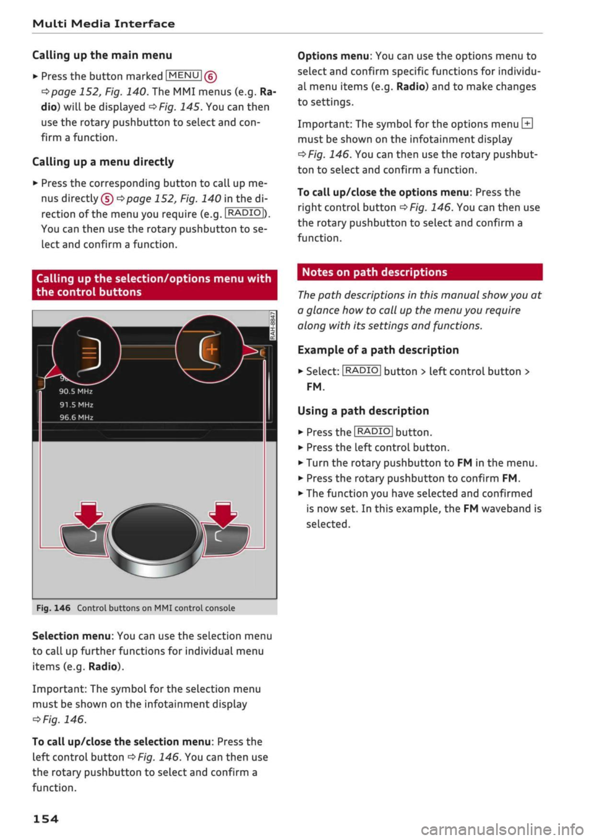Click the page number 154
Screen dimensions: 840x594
45,818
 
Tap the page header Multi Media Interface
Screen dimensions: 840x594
103,24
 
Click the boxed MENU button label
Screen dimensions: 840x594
183,75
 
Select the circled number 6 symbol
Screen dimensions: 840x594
210,77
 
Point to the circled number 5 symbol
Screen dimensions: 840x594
106,199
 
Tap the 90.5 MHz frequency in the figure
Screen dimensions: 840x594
75,391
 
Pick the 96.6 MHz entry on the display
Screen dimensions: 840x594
76,418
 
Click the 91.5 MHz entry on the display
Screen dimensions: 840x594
76,405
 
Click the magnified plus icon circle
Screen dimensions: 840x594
210,349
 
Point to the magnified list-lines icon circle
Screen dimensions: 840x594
86,350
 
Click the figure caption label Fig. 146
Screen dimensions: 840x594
53,608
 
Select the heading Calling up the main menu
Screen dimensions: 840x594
102,55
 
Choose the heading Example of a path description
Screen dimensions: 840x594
378,350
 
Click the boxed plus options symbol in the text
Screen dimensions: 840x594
527,124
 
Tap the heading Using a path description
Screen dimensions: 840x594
363,411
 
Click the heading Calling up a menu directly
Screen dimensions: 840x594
103,162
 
